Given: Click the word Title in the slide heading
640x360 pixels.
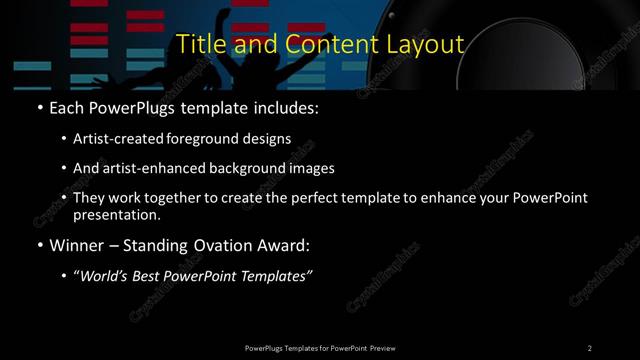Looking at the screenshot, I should [198, 44].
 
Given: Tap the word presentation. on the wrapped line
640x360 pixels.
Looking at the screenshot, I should [118, 214].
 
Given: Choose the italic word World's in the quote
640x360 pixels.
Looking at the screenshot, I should [105, 276].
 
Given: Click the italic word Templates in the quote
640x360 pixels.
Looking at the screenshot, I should [276, 276].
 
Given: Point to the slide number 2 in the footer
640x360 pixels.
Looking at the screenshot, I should [590, 347].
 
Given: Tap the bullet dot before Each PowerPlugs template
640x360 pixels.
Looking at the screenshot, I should [39, 106].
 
